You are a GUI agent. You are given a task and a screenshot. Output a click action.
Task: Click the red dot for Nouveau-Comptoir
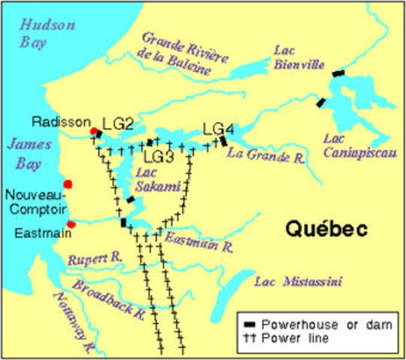click(68, 184)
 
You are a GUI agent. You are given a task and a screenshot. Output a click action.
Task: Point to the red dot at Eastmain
click(71, 223)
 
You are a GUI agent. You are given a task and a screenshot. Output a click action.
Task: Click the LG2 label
click(118, 124)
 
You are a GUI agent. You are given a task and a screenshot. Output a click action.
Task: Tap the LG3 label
click(159, 157)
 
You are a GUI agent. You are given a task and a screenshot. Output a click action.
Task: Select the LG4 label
click(219, 127)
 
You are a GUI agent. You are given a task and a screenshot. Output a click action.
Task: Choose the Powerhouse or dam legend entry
click(318, 323)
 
